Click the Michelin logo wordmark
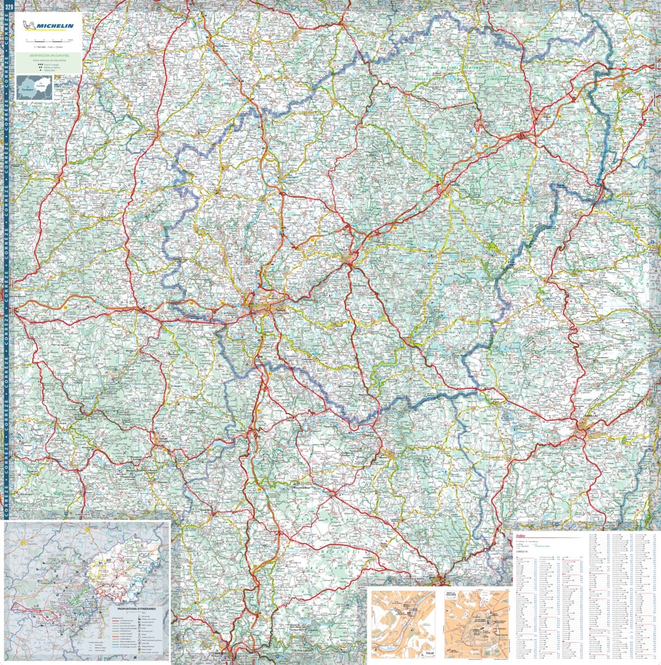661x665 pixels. click(x=54, y=26)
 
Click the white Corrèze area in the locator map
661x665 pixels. click(x=40, y=86)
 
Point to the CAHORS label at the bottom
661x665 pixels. click(x=220, y=652)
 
